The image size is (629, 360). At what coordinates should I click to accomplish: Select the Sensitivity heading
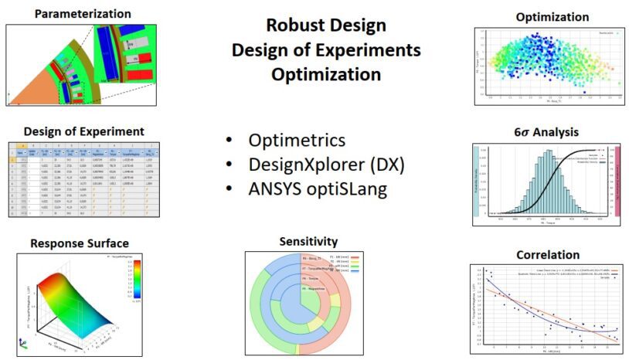pyautogui.click(x=308, y=242)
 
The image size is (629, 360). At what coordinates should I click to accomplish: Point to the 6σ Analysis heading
pyautogui.click(x=546, y=132)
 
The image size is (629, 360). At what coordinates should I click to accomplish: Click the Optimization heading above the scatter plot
pyautogui.click(x=546, y=17)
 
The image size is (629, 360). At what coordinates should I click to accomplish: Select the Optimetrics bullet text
pyautogui.click(x=297, y=141)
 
